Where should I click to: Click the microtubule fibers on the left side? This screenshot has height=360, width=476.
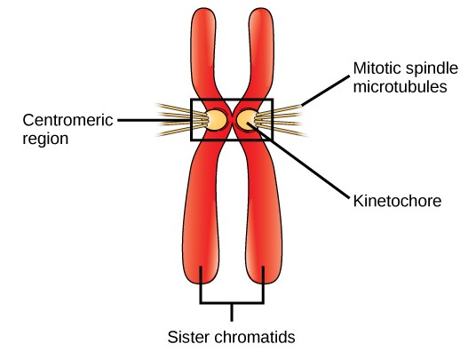point(176,119)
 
